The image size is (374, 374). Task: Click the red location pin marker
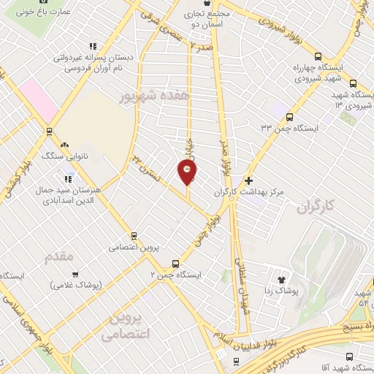(188, 173)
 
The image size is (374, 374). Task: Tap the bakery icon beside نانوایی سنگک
(66, 145)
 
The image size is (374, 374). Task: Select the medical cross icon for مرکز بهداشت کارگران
(249, 180)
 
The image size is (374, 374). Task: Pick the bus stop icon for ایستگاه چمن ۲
(175, 264)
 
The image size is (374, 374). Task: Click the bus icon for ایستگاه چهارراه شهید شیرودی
(318, 56)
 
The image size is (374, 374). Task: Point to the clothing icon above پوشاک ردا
(284, 278)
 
